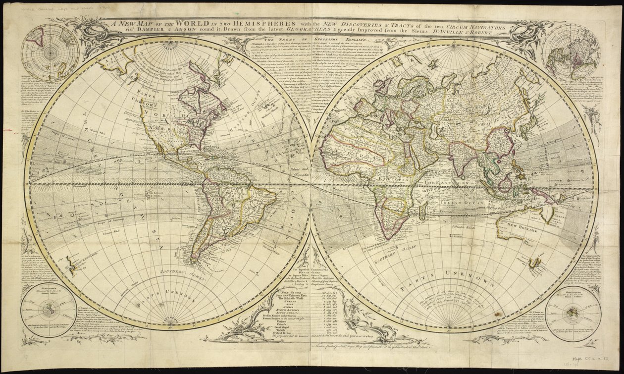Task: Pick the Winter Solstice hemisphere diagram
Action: tap(569, 311)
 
